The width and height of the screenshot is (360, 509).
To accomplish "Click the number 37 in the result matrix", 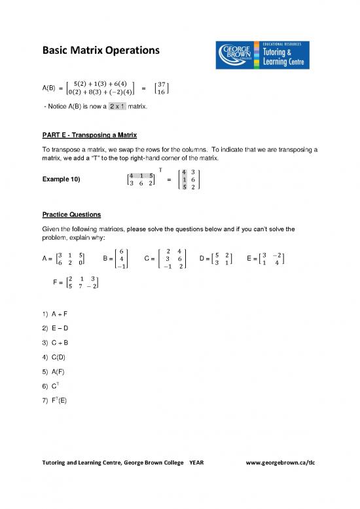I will (x=163, y=83).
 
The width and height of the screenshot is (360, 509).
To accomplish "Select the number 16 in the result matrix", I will (x=163, y=93).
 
